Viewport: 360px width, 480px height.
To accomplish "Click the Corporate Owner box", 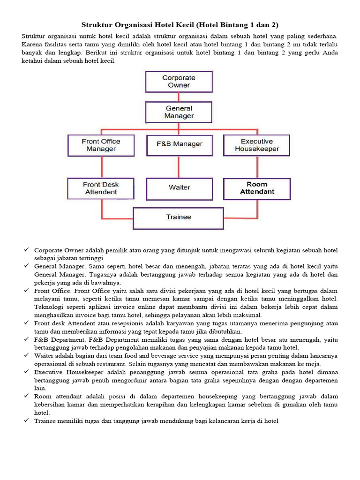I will [x=179, y=82].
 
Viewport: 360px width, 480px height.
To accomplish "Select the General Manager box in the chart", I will [x=179, y=112].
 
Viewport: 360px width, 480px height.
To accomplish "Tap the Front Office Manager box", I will [x=101, y=145].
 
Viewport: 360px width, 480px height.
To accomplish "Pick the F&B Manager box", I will [x=179, y=145].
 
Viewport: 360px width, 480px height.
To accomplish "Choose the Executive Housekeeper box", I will [x=256, y=145].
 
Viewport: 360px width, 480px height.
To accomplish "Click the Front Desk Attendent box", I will [x=101, y=188].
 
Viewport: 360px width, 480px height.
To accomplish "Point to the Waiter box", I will [x=179, y=188].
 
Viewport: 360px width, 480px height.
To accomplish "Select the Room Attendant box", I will [x=256, y=188].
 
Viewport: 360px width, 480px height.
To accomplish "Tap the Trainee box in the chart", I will [x=179, y=217].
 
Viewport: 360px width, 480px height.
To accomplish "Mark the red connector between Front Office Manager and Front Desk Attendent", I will [x=101, y=167].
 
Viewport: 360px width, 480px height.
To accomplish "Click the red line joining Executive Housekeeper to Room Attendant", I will [x=257, y=167].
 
